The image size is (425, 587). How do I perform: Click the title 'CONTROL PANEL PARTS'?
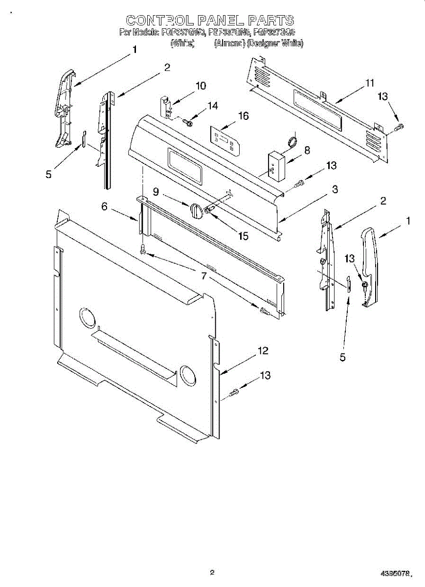pos(210,21)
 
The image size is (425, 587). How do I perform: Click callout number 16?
pos(243,116)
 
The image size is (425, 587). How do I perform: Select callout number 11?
pos(369,83)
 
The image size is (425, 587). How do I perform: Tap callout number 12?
pos(263,350)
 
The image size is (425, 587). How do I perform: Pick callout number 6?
pos(104,207)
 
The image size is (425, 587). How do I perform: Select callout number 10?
pos(201,86)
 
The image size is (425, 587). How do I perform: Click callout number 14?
pos(212,105)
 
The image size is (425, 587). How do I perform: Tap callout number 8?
pos(307,150)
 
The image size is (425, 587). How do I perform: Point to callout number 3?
pos(335,189)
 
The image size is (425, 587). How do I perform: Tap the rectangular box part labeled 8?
pos(277,166)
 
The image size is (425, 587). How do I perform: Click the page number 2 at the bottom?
pos(212,572)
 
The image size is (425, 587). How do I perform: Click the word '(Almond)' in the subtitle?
pos(229,44)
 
